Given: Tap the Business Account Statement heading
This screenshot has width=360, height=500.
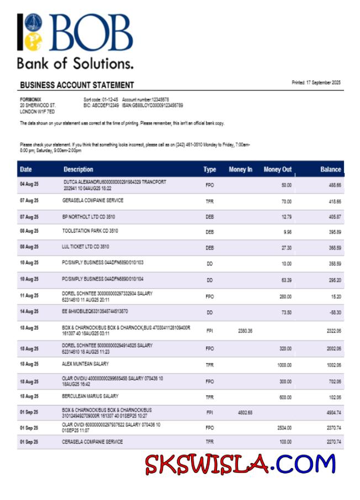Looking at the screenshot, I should point(77,85).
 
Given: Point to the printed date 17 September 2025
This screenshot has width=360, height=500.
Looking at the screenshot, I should point(316,82).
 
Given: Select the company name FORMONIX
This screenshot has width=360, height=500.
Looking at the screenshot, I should point(30,99).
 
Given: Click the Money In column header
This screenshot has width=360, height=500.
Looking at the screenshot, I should point(240,170).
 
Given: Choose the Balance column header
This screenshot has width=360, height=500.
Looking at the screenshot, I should point(331,170).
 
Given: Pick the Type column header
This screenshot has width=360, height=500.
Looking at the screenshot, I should point(209,170).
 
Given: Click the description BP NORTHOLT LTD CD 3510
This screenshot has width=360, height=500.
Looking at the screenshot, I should point(88,216).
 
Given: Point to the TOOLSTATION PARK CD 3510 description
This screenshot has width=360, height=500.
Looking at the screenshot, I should point(90,231).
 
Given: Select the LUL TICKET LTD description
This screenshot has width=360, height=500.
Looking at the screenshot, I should point(86,246).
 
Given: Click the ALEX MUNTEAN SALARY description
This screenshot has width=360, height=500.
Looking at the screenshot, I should point(86,364).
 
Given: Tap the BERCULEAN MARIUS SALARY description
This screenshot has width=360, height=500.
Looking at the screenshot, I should point(91,396).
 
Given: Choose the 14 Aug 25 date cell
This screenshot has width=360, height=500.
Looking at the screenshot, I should point(29,312).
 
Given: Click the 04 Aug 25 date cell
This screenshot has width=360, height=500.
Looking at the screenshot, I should point(29,184).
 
